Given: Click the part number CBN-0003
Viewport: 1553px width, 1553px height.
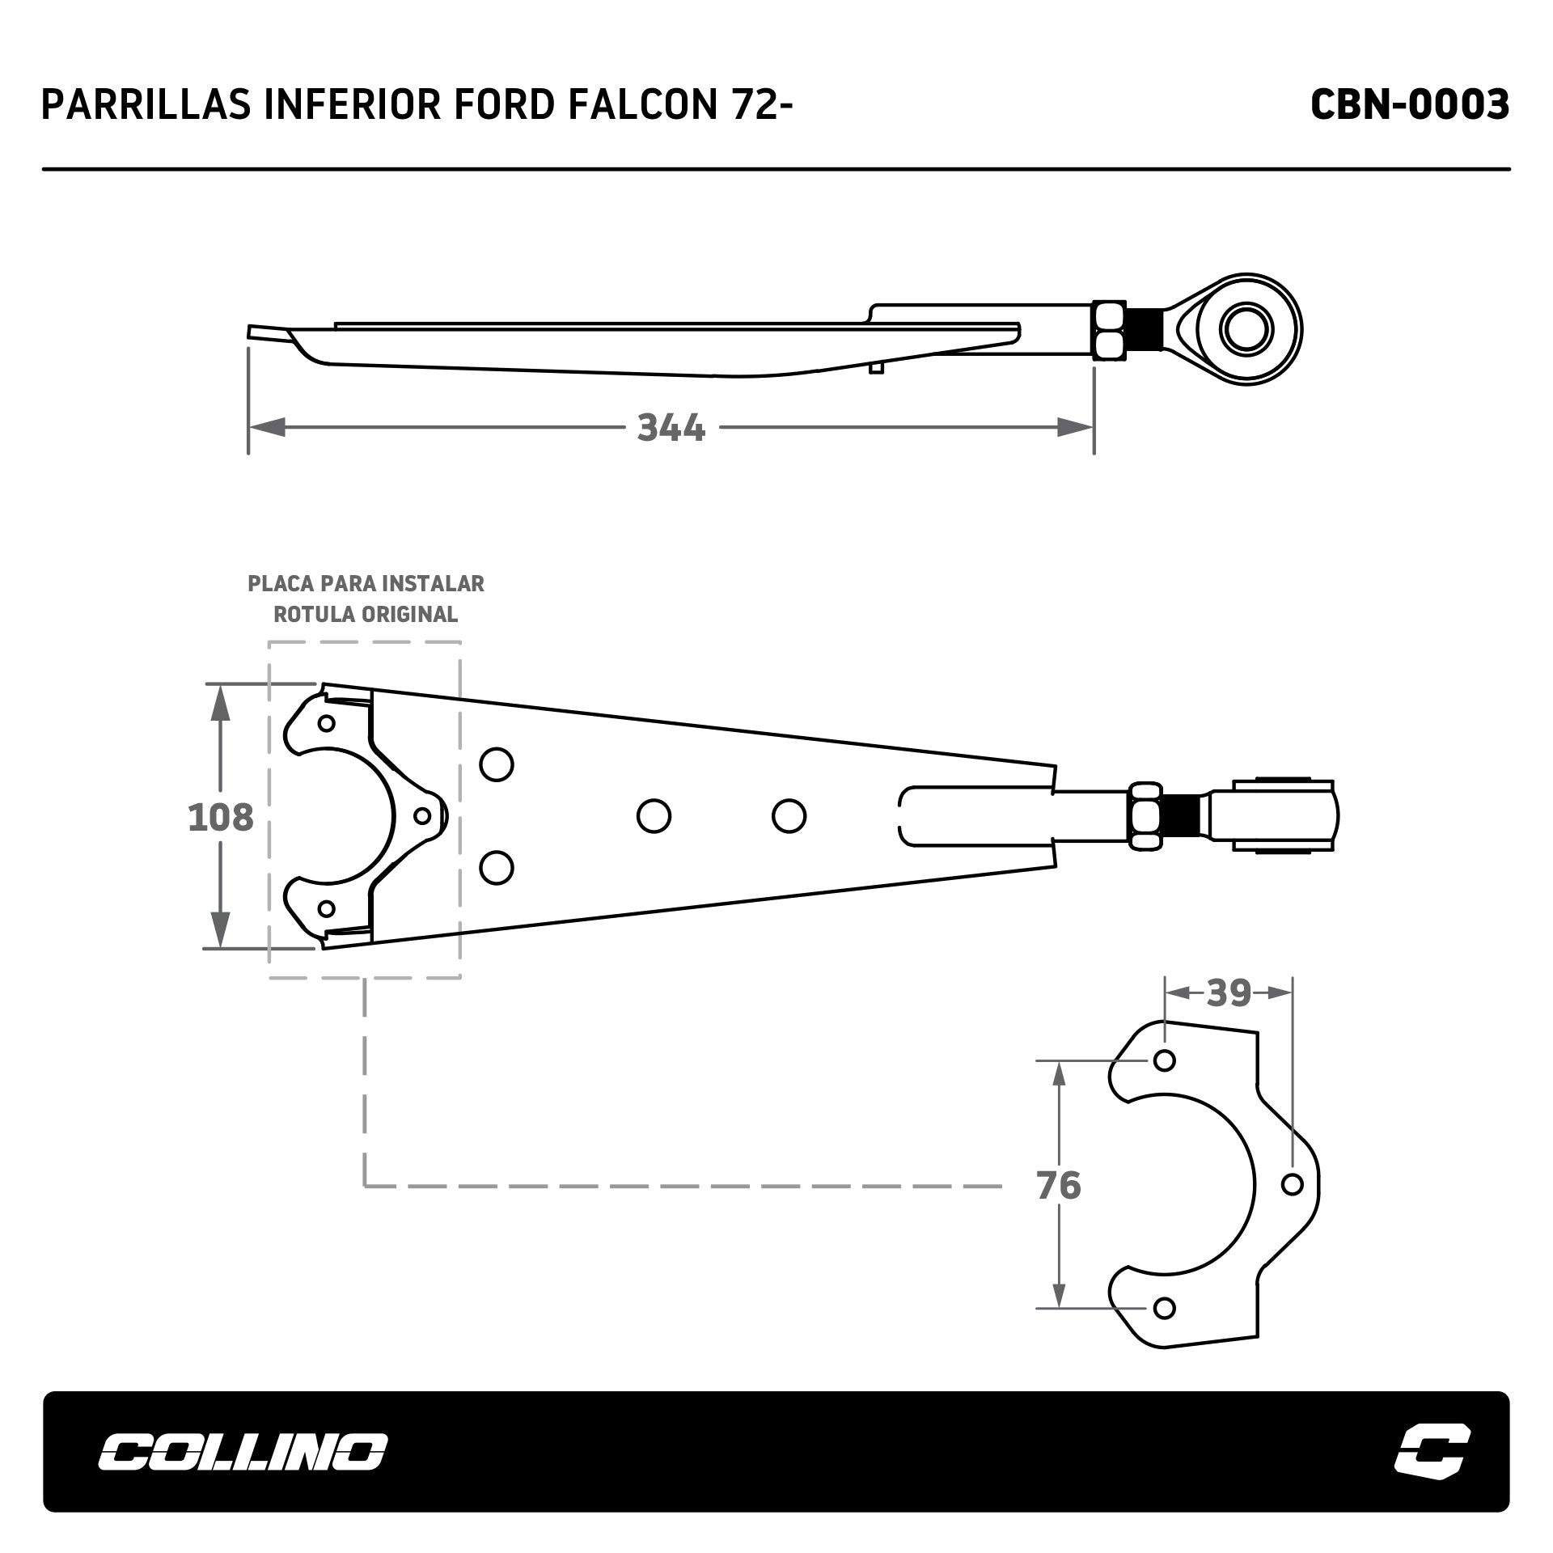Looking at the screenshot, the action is point(1409,105).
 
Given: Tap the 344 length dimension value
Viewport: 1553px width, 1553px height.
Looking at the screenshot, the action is point(671,427).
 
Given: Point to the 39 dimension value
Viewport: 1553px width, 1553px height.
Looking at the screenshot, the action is point(1229,992).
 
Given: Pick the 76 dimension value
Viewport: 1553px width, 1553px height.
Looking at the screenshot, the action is point(1059,1186).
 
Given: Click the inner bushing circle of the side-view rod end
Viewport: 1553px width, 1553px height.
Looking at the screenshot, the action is point(1247,329).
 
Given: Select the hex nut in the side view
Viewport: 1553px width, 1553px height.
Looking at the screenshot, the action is point(1109,329).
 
